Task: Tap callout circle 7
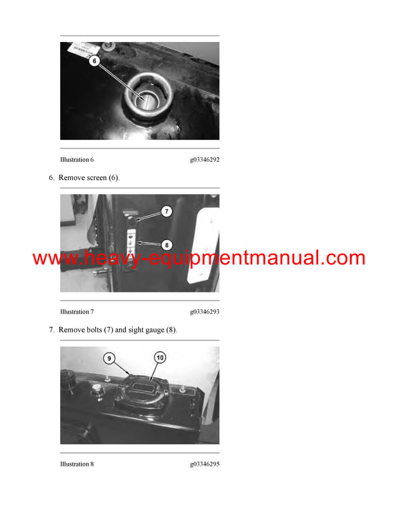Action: click(x=166, y=211)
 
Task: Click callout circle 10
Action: click(x=159, y=358)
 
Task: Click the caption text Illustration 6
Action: click(x=77, y=160)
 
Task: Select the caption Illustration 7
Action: click(x=77, y=312)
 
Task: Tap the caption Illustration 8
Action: click(x=77, y=464)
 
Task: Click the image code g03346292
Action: click(x=205, y=160)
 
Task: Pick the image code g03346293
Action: click(x=205, y=312)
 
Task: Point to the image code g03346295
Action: click(x=205, y=464)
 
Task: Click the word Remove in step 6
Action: click(x=70, y=178)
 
